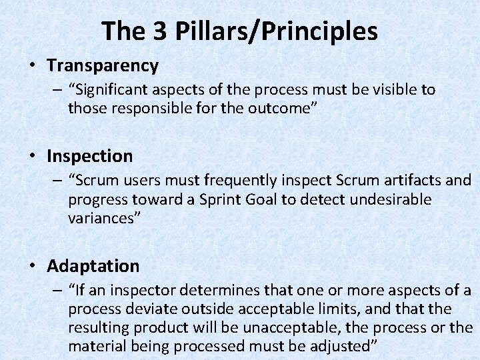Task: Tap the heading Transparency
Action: click(x=103, y=65)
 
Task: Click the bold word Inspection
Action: click(x=90, y=156)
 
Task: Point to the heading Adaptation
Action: click(x=93, y=266)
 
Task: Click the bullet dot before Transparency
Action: click(x=32, y=65)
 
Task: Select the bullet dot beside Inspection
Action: click(x=32, y=156)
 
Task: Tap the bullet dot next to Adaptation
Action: click(x=32, y=266)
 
